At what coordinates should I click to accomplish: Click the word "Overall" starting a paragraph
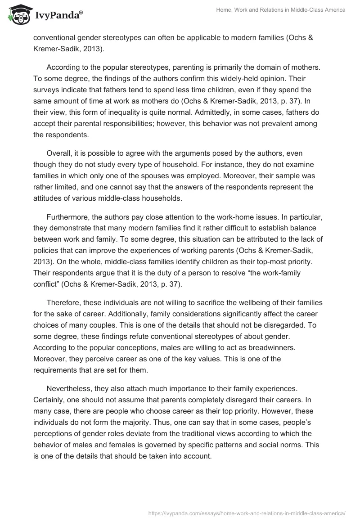(x=61, y=153)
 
